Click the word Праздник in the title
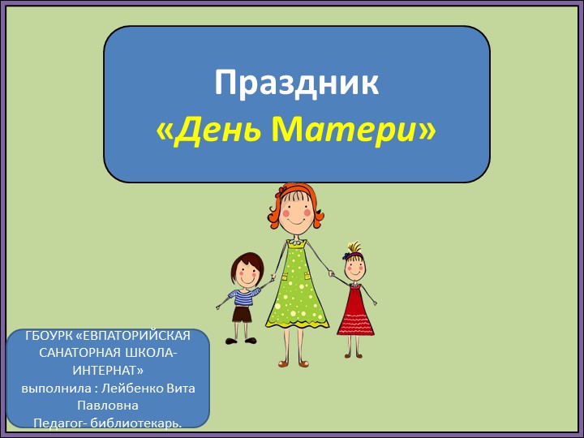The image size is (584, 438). coord(296,84)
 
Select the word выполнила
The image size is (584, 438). coord(54,388)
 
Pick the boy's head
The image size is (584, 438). coord(246,269)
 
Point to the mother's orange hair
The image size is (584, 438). coord(284,195)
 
